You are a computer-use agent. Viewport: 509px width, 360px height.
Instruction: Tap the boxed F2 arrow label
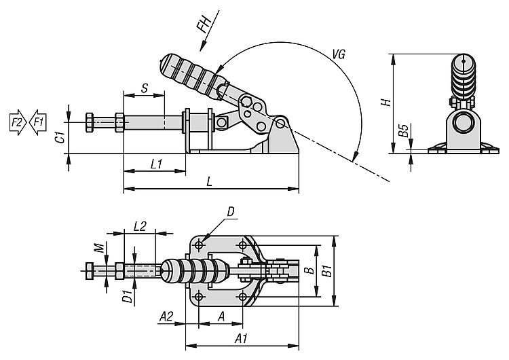16,122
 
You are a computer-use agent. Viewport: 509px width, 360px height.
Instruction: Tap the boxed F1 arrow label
37,122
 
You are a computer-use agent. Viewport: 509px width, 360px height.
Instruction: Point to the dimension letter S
144,88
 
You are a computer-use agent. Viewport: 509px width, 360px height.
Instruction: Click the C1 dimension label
60,136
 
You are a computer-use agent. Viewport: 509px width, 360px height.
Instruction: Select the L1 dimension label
155,164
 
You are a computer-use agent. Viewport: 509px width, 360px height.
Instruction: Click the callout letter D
231,213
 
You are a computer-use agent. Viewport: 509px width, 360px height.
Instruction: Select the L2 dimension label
140,226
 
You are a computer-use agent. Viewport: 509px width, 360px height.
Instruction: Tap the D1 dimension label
126,296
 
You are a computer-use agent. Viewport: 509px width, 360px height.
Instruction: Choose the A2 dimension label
166,316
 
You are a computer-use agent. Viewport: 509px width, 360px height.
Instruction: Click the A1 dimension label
240,338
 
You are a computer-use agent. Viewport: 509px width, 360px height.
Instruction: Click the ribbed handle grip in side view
193,71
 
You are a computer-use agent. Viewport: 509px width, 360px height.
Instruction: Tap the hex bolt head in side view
90,124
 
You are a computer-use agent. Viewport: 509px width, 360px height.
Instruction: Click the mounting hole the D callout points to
201,243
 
